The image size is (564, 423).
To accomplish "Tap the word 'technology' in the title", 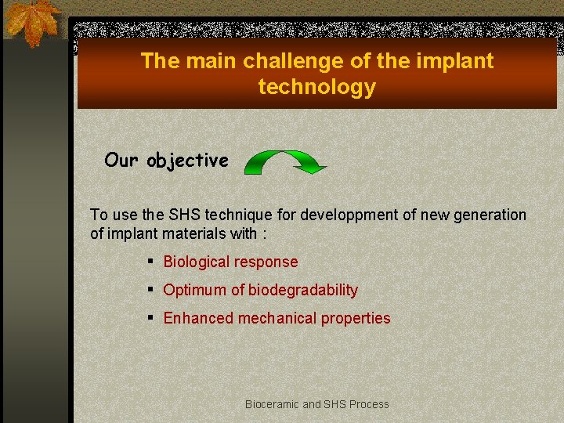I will click(316, 87).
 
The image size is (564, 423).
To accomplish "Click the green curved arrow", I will click(284, 160).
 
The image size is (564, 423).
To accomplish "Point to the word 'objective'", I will click(187, 161).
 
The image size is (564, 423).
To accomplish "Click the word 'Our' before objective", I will click(121, 160).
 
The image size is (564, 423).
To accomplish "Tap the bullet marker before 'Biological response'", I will click(149, 262).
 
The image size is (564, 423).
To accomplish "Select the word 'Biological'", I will click(196, 262).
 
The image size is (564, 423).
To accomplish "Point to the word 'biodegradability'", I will click(303, 290).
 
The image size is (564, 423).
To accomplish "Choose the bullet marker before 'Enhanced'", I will click(149, 318).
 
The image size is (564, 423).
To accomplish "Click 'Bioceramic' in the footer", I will click(272, 404).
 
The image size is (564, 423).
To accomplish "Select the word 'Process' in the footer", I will click(369, 404).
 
